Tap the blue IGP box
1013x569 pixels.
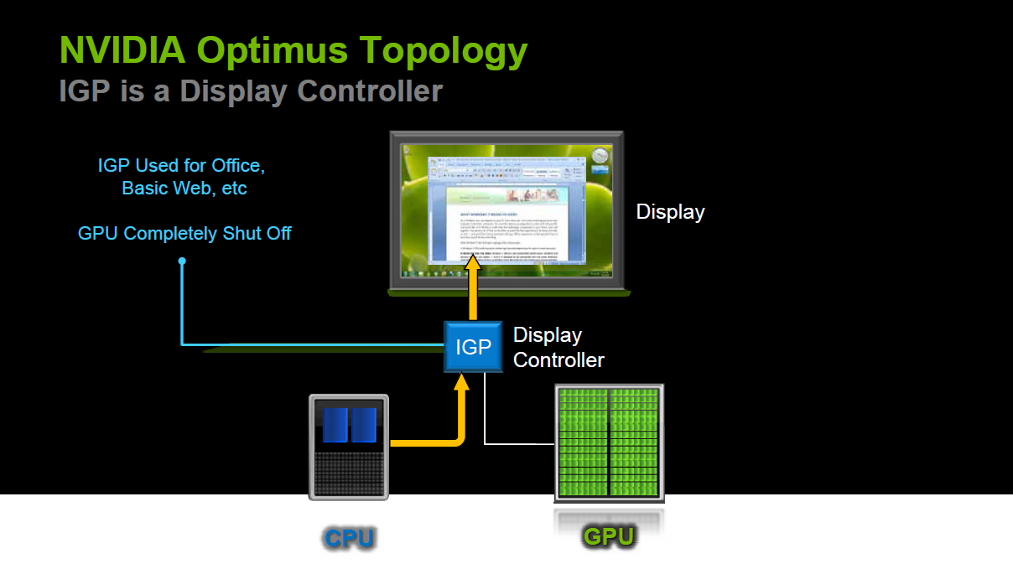[473, 347]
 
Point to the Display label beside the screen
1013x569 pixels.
[670, 212]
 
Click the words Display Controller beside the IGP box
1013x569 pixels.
[558, 348]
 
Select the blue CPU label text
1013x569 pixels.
[349, 538]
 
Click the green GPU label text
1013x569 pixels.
[609, 536]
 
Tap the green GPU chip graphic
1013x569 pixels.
[609, 442]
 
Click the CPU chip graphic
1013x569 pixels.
[349, 447]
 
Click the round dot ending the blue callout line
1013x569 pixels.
[182, 261]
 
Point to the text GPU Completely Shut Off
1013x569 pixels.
[184, 233]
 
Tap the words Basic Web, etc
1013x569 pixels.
[184, 189]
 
